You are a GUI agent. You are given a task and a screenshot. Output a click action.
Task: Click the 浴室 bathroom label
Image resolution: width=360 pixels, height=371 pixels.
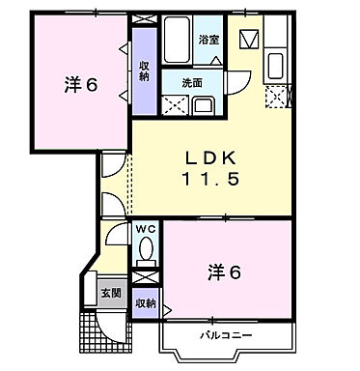point(208,40)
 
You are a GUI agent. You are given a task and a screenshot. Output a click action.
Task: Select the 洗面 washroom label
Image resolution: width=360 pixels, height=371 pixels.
point(192,83)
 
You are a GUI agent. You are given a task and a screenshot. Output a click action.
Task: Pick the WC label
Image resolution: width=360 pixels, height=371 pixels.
point(146,229)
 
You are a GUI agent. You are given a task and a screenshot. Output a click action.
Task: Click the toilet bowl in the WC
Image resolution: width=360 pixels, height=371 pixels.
point(146,250)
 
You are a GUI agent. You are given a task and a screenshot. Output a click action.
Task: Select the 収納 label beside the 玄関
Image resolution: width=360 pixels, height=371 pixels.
point(145,302)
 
